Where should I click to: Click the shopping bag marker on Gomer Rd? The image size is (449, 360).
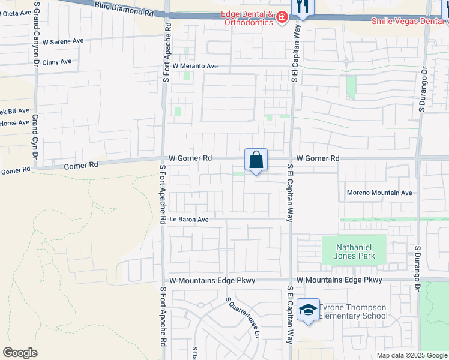tap(256, 160)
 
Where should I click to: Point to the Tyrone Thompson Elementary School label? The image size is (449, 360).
tap(353, 311)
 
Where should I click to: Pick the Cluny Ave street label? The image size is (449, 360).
tap(56, 61)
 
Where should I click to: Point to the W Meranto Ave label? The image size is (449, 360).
tap(195, 66)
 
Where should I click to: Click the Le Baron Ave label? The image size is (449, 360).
tap(188, 220)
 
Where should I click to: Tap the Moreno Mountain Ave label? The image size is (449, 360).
tap(380, 193)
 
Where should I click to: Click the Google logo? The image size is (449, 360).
tap(20, 353)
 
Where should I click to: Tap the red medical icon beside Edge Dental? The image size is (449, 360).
tap(282, 19)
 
